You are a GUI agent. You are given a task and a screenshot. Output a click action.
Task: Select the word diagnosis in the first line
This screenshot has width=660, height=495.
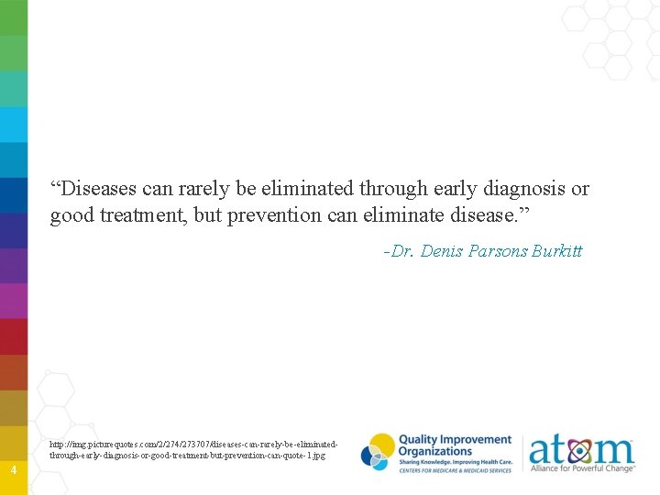(526, 189)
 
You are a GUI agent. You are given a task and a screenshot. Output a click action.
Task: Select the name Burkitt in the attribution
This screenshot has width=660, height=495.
(557, 251)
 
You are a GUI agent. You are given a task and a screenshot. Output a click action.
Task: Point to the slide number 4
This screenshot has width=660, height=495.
(13, 470)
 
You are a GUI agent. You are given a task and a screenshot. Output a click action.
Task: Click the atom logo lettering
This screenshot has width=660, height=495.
(581, 450)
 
